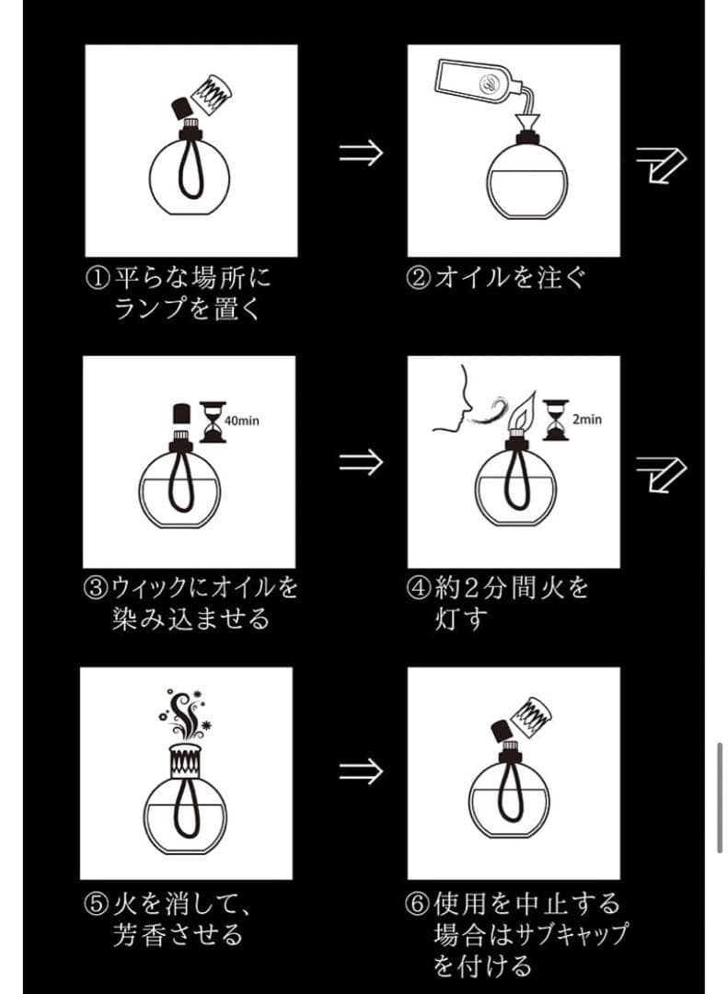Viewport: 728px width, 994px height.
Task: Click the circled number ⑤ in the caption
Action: pos(97,903)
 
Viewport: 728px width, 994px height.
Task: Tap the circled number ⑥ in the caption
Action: pos(419,903)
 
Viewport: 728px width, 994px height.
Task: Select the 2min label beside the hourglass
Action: pos(586,419)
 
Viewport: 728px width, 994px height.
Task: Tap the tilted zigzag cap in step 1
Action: pos(214,93)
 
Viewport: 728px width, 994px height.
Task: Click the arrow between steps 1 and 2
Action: pos(361,152)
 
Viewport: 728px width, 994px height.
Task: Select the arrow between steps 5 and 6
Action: pos(361,771)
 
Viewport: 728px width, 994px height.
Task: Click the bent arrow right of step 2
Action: pos(662,165)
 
